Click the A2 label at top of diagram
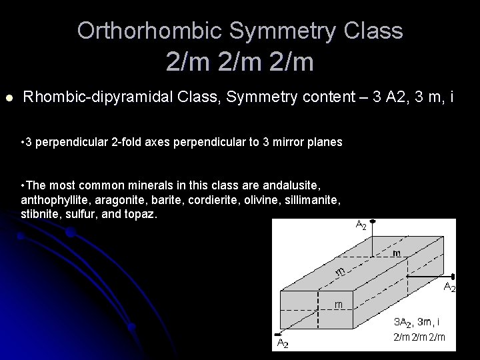pyautogui.click(x=360, y=225)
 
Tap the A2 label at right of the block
pyautogui.click(x=449, y=287)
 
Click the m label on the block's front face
pyautogui.click(x=339, y=304)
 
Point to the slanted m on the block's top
pyautogui.click(x=340, y=271)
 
